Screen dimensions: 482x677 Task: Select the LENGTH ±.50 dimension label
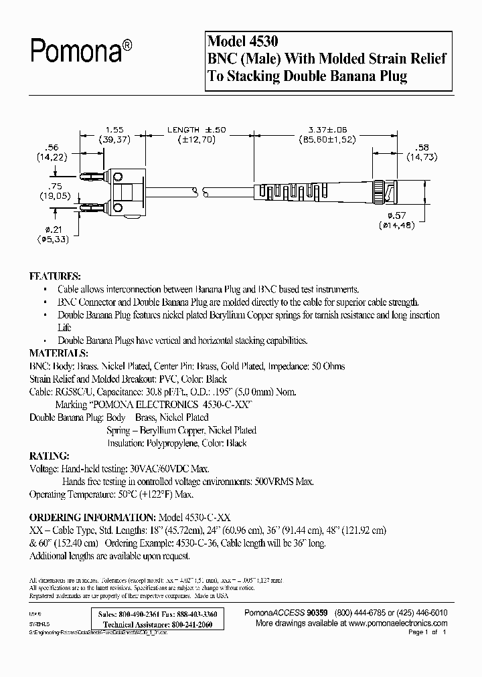(184, 129)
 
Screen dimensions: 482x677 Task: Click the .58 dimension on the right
(422, 147)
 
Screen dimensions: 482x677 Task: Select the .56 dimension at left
(46, 147)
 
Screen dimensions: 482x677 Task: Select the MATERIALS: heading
(58, 353)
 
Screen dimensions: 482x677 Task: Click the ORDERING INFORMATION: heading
(91, 517)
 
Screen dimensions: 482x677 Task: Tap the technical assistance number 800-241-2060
(187, 623)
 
